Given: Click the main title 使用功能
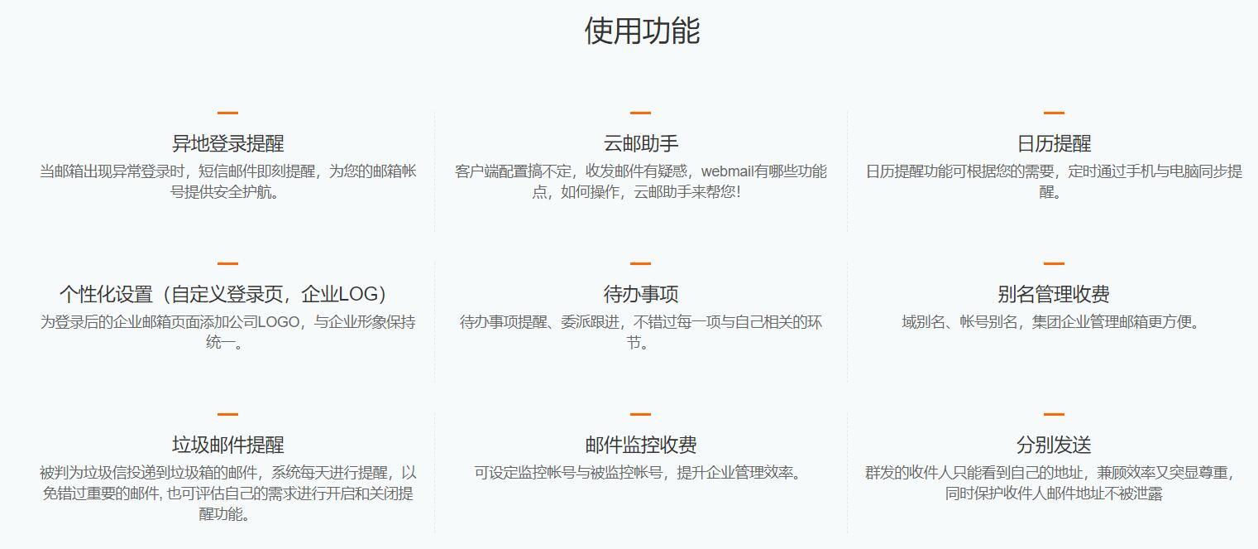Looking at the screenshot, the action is click(642, 31).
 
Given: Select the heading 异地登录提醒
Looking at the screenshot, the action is click(227, 143).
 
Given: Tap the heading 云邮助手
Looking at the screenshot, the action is click(641, 143).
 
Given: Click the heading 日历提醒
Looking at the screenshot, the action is click(1055, 143).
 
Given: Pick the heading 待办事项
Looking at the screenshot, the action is click(641, 294).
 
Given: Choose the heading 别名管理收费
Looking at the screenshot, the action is click(1054, 294).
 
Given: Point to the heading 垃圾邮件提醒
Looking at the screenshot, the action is click(227, 445).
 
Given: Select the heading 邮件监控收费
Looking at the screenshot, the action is click(641, 445).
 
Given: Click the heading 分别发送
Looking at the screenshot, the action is click(1054, 445).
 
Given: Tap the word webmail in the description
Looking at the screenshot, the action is click(728, 171).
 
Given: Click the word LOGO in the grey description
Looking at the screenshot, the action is click(279, 322).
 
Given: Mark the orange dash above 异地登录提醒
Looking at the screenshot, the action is click(227, 113).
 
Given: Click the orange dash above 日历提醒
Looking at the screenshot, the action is click(1055, 113).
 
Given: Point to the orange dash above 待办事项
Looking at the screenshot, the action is click(640, 263).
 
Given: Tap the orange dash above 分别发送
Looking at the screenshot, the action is click(1055, 414).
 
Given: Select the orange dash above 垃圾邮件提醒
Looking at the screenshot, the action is click(227, 414).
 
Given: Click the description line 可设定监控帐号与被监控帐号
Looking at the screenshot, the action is click(568, 473).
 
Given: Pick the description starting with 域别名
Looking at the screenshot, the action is click(1051, 322).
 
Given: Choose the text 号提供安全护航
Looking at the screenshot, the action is click(224, 192).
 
